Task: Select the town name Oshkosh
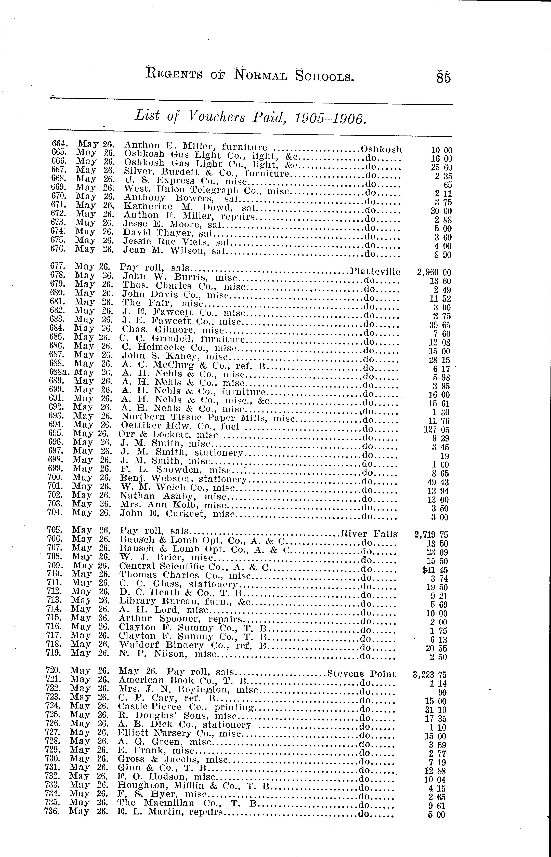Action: pos(381,149)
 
